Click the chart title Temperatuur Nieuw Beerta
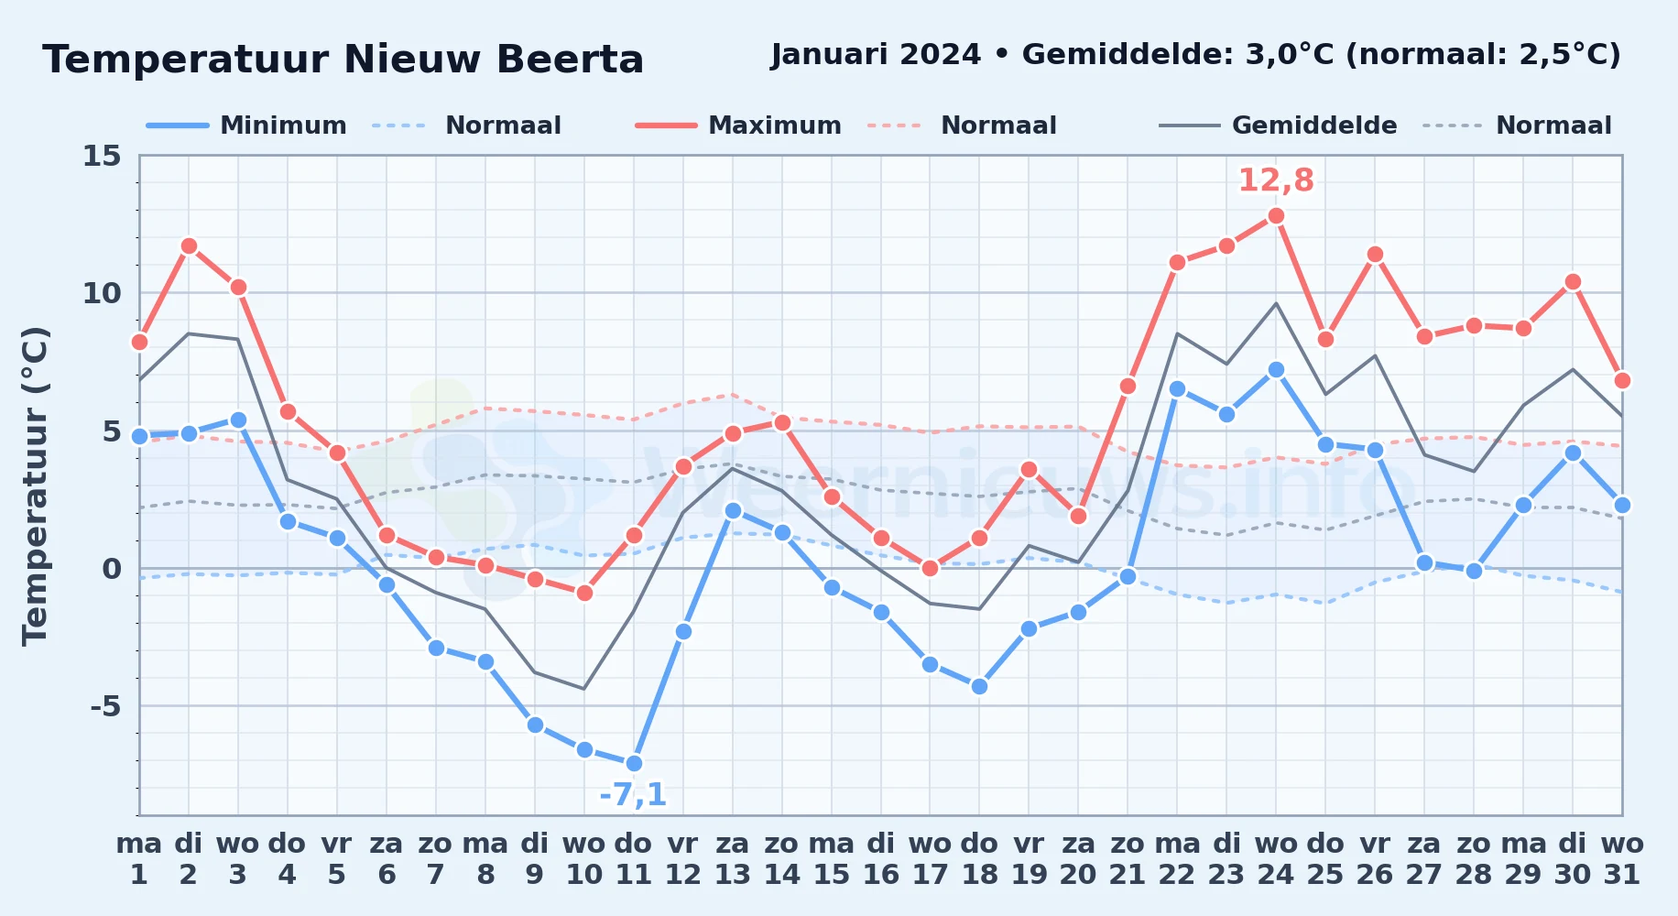pos(343,60)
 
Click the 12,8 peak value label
pos(1276,180)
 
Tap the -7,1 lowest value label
pos(633,794)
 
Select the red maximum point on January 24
pos(1276,216)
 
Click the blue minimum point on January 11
pos(634,763)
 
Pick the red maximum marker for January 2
pos(189,245)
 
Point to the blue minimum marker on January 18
pos(979,686)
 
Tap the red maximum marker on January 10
pos(584,593)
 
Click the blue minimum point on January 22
pos(1177,388)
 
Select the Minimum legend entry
pos(246,125)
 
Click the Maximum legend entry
pos(738,125)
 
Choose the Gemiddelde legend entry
pos(1278,125)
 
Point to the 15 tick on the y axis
pos(102,156)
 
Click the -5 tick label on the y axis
pos(105,706)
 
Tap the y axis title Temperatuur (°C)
pos(35,485)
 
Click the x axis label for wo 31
pos(1622,859)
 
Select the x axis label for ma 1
pos(139,859)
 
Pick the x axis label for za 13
pos(733,859)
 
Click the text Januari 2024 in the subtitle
pos(876,55)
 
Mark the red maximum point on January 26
pos(1375,255)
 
